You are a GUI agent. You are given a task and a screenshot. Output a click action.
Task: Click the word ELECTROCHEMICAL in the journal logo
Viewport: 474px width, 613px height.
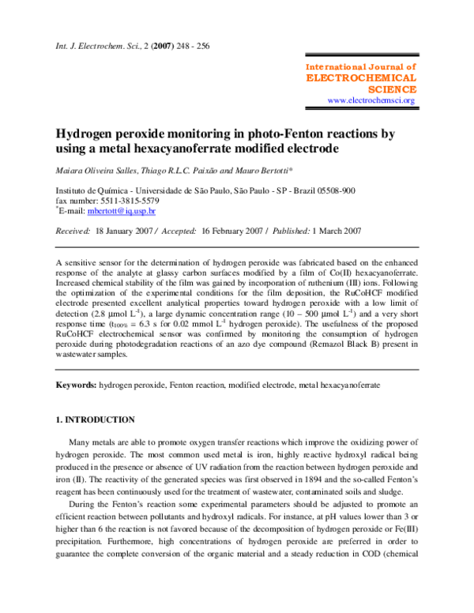360,79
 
